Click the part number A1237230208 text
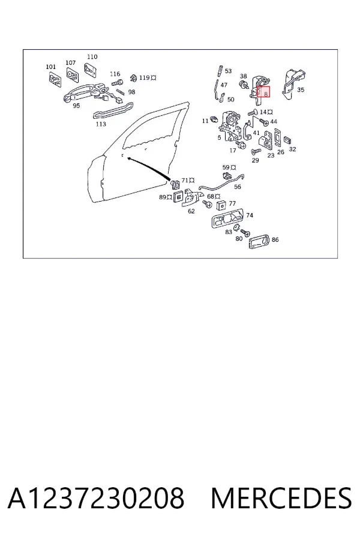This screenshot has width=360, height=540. (96, 499)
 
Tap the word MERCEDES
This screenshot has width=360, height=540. (281, 499)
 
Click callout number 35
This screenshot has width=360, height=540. (301, 89)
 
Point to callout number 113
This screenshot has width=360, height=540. (101, 124)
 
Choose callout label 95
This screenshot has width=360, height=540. (76, 106)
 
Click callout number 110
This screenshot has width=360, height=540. (92, 57)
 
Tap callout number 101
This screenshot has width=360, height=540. (50, 67)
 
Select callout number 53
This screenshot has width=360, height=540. (229, 71)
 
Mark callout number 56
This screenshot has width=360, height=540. (238, 187)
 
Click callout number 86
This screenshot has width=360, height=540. (275, 239)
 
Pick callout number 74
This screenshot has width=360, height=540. (250, 215)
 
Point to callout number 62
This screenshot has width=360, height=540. (191, 211)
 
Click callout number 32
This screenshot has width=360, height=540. (292, 149)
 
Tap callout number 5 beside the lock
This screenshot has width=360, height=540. (220, 138)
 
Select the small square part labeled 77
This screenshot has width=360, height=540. (220, 205)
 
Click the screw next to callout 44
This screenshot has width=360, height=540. (263, 122)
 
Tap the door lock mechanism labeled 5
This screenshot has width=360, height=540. (230, 126)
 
